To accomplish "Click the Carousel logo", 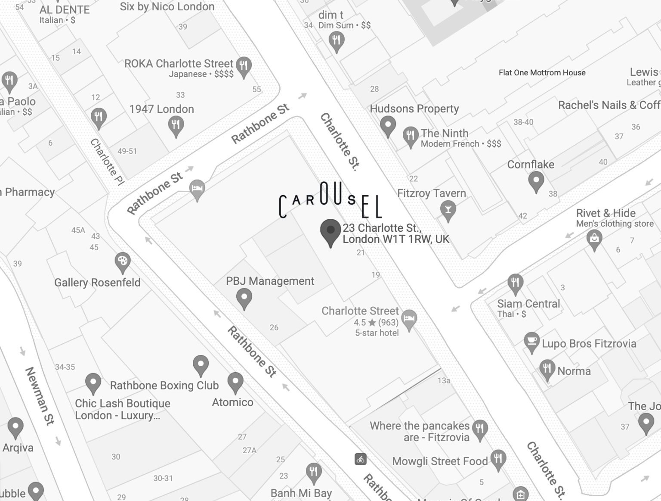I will click(x=330, y=201).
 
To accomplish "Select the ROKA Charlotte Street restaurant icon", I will click(x=244, y=66).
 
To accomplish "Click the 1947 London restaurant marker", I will click(x=176, y=126).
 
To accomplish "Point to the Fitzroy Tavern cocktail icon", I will click(x=448, y=210).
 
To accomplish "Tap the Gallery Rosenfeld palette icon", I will click(x=123, y=261).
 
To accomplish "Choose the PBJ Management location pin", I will click(x=244, y=298).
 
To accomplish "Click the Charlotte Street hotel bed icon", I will click(x=409, y=320).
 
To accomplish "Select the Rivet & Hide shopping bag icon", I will click(x=594, y=238).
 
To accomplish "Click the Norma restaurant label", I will click(x=574, y=371).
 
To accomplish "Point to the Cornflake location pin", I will click(x=536, y=180).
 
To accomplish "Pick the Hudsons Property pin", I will click(x=388, y=125).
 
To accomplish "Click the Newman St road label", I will click(x=40, y=395).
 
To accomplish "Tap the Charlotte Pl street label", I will click(x=107, y=162).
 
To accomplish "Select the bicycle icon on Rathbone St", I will click(x=361, y=459).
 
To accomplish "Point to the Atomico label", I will click(x=232, y=402).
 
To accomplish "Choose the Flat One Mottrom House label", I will click(x=542, y=72).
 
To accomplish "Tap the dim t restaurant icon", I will click(x=336, y=41).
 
